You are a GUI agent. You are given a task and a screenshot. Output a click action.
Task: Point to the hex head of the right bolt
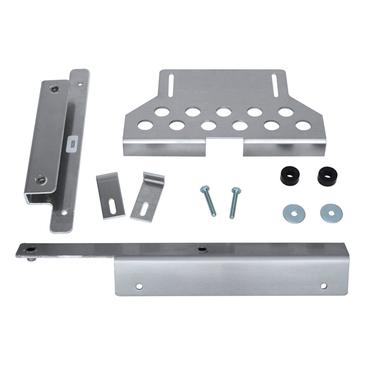click(x=235, y=190)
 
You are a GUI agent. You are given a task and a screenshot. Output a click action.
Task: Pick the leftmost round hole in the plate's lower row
click(x=145, y=126)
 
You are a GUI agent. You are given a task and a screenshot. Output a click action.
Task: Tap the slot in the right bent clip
click(x=144, y=211)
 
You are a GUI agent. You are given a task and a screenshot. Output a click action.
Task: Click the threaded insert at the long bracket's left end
click(x=30, y=249)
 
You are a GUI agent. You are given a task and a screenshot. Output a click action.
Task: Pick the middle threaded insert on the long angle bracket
click(x=200, y=249)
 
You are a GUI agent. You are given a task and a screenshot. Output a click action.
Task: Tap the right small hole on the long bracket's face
click(x=323, y=286)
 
